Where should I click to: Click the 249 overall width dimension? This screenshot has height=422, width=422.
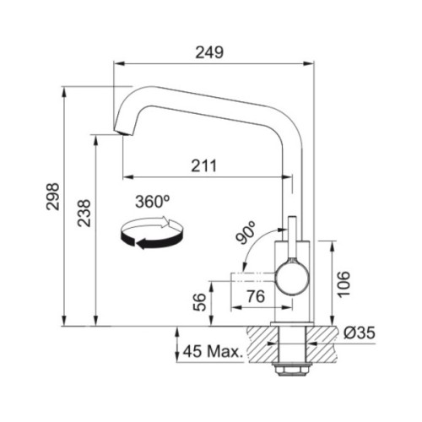pyautogui.click(x=209, y=52)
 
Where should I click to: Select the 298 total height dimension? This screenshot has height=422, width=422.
pyautogui.click(x=53, y=197)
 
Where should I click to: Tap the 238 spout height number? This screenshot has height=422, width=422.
pyautogui.click(x=84, y=213)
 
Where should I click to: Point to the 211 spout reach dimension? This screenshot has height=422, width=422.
pyautogui.click(x=204, y=165)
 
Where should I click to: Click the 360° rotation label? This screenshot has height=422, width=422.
pyautogui.click(x=153, y=202)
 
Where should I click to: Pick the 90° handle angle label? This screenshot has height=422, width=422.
pyautogui.click(x=246, y=232)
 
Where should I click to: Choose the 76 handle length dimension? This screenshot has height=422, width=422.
pyautogui.click(x=256, y=296)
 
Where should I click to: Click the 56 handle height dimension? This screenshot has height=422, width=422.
pyautogui.click(x=199, y=302)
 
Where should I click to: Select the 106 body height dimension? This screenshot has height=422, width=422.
pyautogui.click(x=344, y=284)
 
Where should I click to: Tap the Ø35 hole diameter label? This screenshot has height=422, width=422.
pyautogui.click(x=360, y=333)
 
